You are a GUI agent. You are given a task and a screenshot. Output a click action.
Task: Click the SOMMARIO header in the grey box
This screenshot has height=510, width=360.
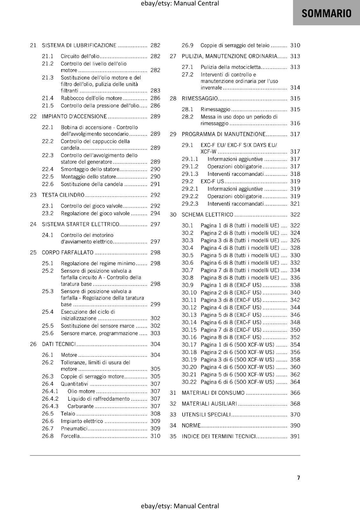326,13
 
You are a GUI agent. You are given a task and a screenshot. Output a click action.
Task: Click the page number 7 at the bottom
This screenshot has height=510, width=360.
299,477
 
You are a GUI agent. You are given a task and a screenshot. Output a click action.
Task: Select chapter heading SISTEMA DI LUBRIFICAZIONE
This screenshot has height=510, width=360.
79,45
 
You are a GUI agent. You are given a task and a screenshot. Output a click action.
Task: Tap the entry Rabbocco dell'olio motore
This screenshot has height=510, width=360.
91,98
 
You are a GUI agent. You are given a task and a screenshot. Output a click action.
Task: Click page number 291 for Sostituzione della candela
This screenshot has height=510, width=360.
155,184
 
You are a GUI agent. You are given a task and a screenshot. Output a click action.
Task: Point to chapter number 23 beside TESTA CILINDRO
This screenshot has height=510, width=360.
33,195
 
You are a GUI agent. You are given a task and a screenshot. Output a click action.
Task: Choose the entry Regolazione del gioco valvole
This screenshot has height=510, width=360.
95,213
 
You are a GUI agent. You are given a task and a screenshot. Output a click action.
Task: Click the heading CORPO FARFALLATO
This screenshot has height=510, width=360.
68,252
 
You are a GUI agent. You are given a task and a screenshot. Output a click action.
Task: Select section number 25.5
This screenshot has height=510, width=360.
48,326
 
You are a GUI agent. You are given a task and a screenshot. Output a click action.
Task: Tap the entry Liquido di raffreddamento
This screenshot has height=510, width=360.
98,399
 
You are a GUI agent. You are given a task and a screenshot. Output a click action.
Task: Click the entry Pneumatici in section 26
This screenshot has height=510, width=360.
74,428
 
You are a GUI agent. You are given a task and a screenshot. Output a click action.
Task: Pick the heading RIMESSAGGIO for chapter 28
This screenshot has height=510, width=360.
200,98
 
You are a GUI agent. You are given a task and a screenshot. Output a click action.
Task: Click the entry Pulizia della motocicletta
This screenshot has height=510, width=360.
231,67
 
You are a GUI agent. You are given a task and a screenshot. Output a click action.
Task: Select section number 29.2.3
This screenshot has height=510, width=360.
190,204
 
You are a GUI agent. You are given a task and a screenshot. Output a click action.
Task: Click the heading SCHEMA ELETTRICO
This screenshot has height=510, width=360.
207,215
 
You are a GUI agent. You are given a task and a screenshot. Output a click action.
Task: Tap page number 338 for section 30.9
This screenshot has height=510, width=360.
295,285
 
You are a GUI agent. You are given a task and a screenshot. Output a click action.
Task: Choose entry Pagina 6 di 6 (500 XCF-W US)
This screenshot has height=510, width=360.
237,382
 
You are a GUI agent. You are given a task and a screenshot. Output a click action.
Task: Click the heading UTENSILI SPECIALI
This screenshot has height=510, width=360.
206,414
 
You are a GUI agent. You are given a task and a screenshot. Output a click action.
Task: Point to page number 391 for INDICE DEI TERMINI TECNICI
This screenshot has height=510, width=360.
295,436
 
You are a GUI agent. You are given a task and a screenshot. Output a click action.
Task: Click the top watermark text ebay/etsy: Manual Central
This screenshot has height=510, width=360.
180,4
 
